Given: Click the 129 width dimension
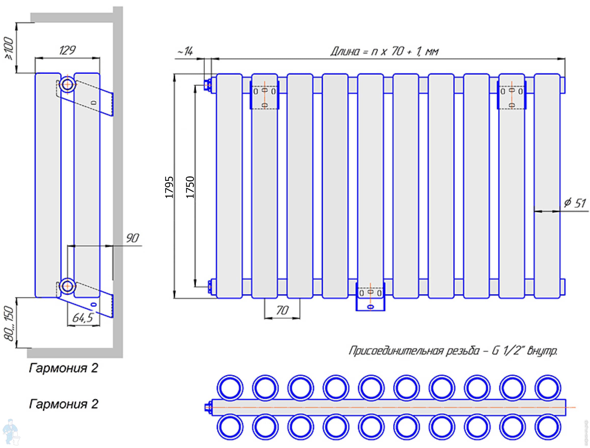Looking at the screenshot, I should point(67,50).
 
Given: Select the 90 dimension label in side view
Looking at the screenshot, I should point(132,238).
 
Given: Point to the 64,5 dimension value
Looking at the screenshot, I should point(83,318).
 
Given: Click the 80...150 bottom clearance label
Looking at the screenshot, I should point(9,323).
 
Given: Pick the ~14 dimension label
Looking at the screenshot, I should point(185,51).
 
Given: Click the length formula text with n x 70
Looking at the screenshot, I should point(384,51).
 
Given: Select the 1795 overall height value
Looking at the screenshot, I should point(169,187).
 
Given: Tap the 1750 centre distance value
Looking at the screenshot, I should point(190,187).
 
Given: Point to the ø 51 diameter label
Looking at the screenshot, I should point(575,203).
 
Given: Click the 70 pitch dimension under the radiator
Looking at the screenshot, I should point(282,310).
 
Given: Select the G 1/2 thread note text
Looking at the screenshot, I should point(453,351).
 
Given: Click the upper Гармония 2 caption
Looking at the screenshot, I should point(63,368).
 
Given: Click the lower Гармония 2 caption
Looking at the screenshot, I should point(63,404).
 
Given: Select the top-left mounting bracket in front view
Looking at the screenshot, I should point(264,96).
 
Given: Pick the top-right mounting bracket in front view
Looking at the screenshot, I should point(512,96).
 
